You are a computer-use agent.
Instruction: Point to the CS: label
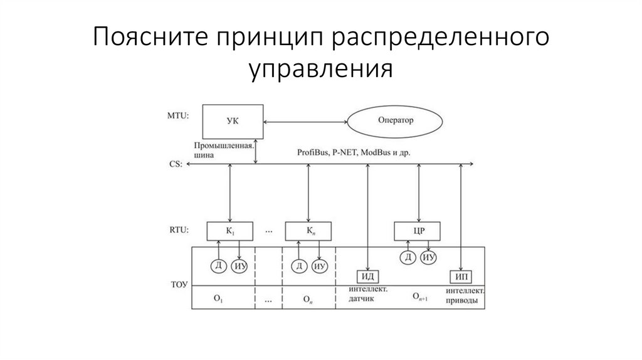point(176,164)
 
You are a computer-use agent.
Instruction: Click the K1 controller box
point(231,231)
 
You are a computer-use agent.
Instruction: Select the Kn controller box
point(309,231)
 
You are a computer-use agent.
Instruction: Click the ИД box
point(367,277)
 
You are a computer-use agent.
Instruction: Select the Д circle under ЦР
point(408,257)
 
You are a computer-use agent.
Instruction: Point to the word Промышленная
point(228,145)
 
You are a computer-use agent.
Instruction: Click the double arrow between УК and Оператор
point(307,120)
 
